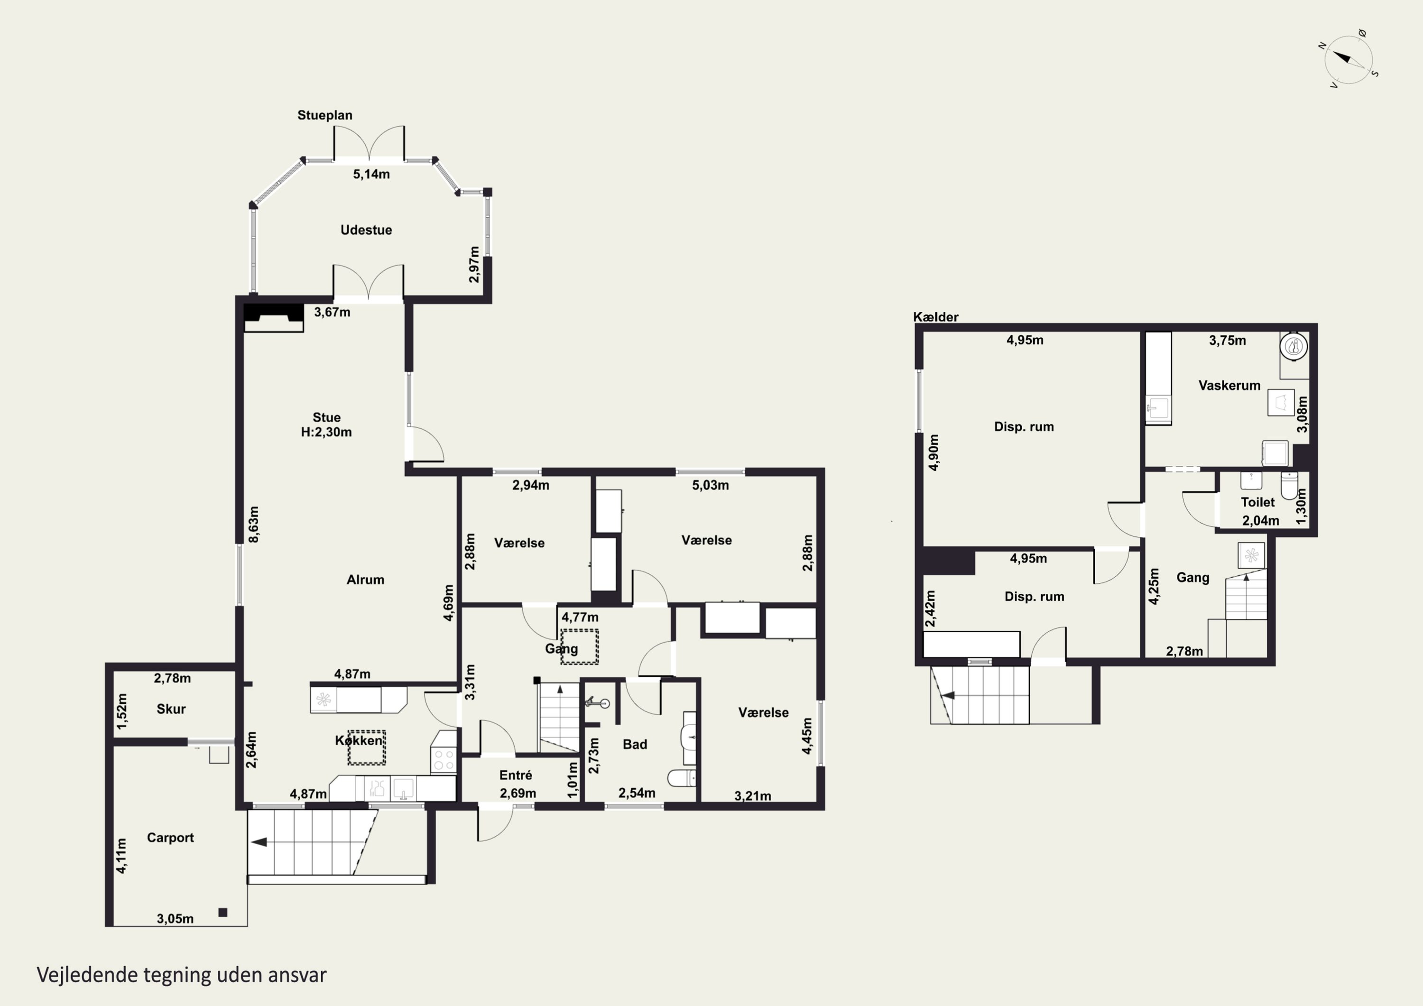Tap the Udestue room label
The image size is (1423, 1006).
[366, 230]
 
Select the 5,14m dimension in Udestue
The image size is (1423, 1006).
[371, 174]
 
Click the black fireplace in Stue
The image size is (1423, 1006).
[273, 317]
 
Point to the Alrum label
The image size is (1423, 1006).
[365, 580]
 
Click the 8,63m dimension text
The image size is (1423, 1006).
[253, 525]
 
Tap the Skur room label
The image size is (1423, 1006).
[171, 709]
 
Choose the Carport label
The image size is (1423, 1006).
[170, 838]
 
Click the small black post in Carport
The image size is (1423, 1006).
[223, 913]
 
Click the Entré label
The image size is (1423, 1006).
[516, 775]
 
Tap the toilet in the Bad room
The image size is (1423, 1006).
[681, 778]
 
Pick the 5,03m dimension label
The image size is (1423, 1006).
[710, 485]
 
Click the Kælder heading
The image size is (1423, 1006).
[936, 317]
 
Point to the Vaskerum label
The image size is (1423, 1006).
[1229, 386]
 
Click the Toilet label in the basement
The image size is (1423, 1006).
[1257, 502]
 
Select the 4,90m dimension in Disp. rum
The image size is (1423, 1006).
[934, 452]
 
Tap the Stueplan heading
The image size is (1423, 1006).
[325, 115]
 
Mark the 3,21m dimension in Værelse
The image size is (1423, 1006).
[752, 796]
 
